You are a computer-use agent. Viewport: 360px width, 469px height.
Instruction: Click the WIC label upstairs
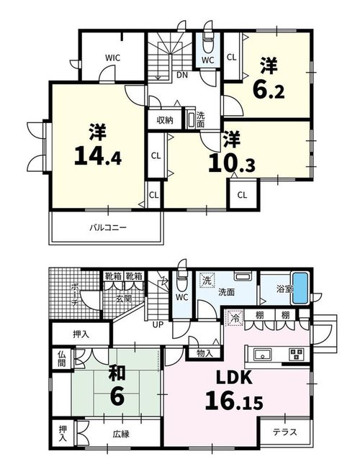(112, 58)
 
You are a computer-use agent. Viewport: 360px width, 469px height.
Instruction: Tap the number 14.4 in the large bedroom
(98, 156)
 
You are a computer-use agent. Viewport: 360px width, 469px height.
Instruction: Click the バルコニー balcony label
(108, 228)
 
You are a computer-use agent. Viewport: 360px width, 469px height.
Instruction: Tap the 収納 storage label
(165, 121)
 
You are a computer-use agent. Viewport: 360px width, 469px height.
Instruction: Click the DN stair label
(181, 76)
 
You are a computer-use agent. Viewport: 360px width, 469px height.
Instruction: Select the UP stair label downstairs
(158, 324)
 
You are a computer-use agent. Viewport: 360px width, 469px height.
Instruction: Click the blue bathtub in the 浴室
(300, 288)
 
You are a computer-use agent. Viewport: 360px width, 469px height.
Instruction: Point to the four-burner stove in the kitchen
(297, 355)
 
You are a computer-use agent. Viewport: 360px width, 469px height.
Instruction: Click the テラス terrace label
(285, 432)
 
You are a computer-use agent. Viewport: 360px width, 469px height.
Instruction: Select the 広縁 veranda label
(121, 434)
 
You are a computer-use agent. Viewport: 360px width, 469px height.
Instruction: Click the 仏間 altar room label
(61, 359)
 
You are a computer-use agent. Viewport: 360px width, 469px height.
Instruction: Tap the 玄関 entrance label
(124, 299)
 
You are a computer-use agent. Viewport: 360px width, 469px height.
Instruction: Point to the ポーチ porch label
(75, 295)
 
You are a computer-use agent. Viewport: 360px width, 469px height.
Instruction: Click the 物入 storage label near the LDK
(205, 353)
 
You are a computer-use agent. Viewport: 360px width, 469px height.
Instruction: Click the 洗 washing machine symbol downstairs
(207, 281)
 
